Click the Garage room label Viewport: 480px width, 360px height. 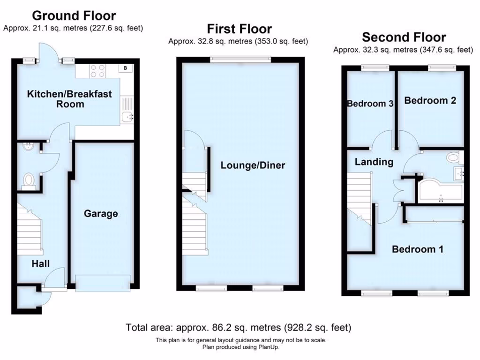tap(101, 214)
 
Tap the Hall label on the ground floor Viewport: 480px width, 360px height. tap(41, 264)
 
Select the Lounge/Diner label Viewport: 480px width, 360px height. tap(253, 165)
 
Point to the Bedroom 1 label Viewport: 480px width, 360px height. tap(417, 249)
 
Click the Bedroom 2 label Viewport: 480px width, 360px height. tap(430, 100)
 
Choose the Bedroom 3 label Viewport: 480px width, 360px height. tap(370, 104)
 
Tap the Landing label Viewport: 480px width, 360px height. tap(374, 162)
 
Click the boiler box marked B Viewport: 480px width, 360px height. tap(125, 68)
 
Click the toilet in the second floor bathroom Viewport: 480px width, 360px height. tap(453, 157)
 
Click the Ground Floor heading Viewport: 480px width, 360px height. tap(74, 16)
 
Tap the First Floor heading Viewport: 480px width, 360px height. tap(239, 29)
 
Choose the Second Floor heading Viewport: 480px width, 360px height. tap(404, 37)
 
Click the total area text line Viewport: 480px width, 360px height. tap(239, 327)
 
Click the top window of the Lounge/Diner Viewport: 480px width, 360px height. tap(240, 60)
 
